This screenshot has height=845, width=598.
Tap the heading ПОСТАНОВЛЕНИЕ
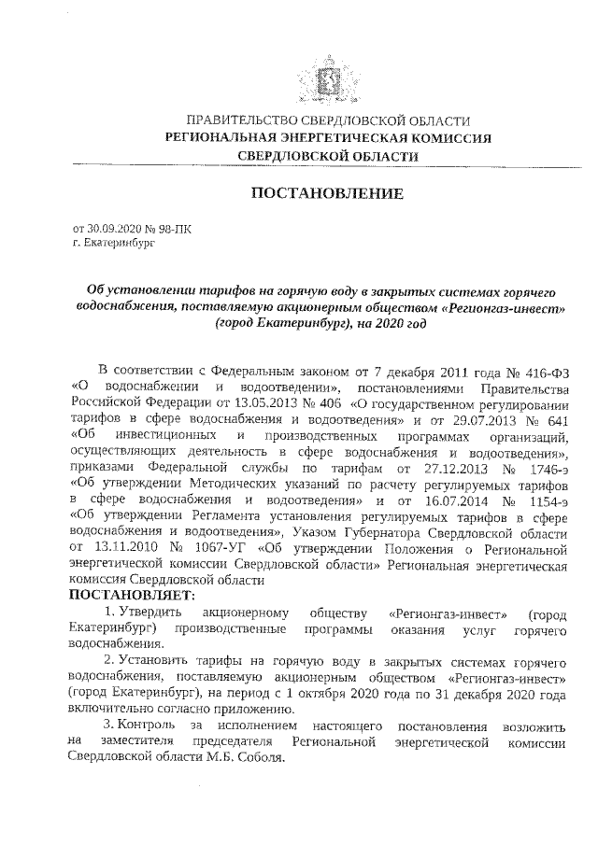coord(326,194)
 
